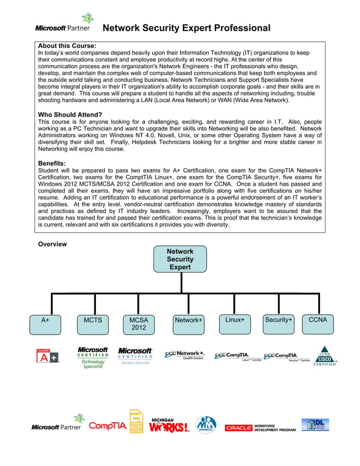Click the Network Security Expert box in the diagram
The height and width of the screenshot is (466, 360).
click(180, 259)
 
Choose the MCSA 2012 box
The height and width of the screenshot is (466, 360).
click(138, 323)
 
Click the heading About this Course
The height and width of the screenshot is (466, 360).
click(67, 45)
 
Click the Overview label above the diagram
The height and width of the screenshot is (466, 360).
click(52, 244)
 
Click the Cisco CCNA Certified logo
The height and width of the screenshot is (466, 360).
click(325, 357)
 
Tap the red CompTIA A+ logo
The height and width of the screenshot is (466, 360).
click(47, 356)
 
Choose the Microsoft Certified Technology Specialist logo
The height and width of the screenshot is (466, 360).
click(93, 358)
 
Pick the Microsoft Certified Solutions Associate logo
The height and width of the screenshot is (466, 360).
click(135, 356)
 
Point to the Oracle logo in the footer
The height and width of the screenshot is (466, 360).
click(239, 428)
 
